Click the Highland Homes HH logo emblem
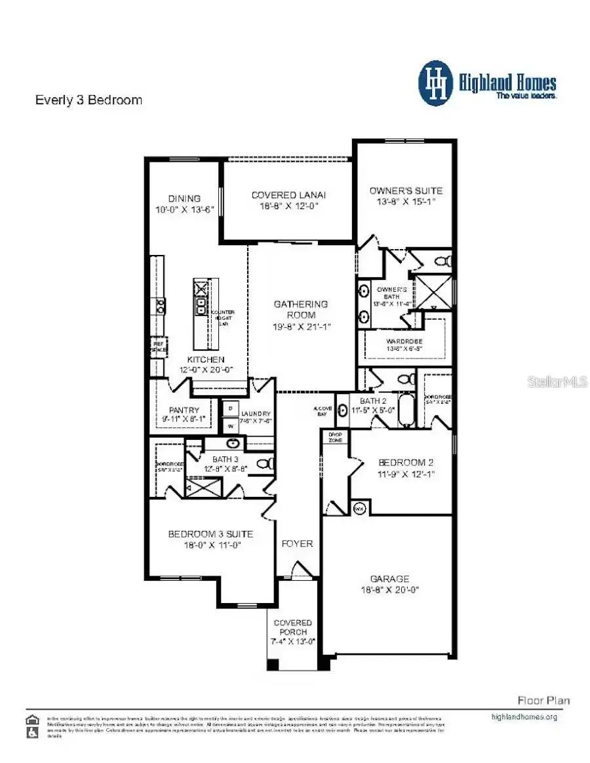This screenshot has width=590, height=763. (436, 83)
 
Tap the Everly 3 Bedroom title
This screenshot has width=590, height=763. (88, 100)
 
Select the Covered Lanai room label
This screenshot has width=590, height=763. (289, 195)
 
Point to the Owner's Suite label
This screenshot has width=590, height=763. (406, 191)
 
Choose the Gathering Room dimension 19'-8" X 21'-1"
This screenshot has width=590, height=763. (300, 326)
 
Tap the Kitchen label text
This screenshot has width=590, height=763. (206, 360)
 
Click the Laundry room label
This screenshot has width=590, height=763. (256, 414)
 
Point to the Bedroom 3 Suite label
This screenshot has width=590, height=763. (210, 534)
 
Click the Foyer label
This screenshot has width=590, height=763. (297, 543)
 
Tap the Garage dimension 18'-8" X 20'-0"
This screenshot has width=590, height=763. (389, 589)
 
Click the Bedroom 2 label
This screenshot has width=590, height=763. (406, 463)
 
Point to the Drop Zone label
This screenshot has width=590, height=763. (335, 437)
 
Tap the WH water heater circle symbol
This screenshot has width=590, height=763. (359, 508)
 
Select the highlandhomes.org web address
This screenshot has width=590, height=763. (524, 716)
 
